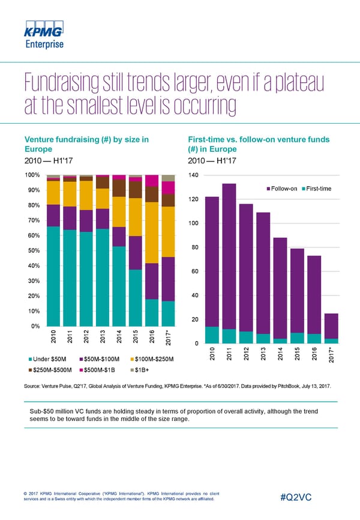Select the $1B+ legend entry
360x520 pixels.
[143, 369]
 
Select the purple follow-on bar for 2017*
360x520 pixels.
[331, 326]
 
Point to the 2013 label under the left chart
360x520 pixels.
[103, 337]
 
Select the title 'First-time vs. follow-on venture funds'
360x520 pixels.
[259, 140]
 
